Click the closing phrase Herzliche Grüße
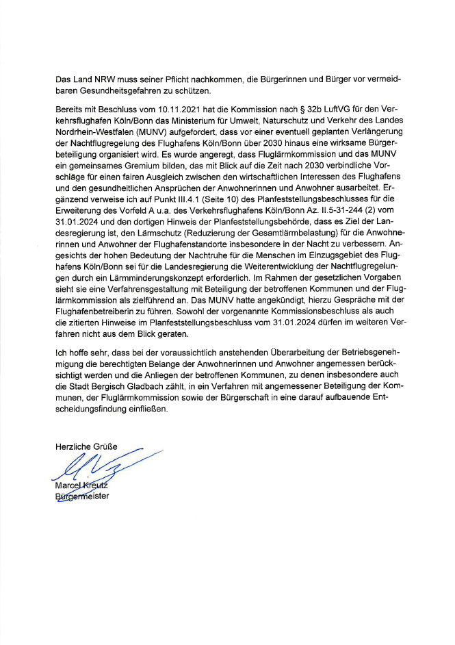(86, 446)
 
